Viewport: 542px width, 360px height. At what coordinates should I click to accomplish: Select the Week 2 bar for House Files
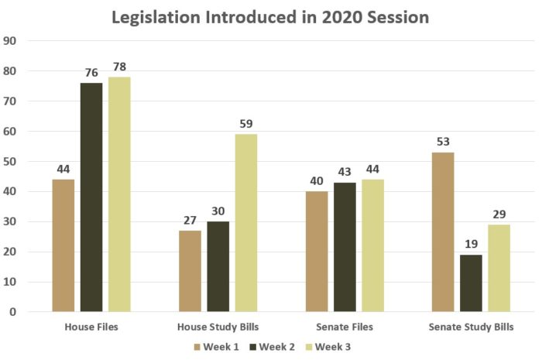[x=91, y=197]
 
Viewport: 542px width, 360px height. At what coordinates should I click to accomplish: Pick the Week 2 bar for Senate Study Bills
[x=471, y=283]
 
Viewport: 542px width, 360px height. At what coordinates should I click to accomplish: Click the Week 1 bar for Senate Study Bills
[x=442, y=232]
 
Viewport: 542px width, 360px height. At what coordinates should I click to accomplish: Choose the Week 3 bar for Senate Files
[x=372, y=245]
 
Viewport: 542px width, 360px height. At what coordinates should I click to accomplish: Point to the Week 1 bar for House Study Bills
[x=190, y=271]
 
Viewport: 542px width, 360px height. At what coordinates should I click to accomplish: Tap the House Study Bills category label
[x=218, y=327]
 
